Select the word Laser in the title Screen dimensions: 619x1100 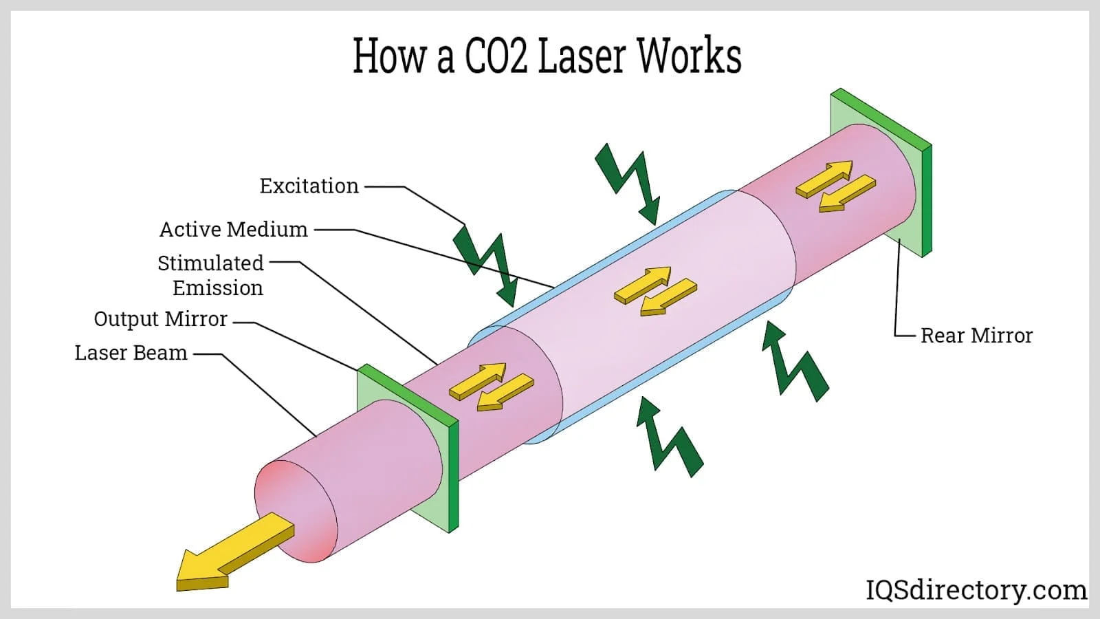tap(581, 56)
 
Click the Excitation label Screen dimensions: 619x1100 tap(309, 186)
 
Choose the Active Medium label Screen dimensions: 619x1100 tap(233, 229)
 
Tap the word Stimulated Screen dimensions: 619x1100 tap(210, 263)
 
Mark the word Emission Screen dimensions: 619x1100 tap(217, 287)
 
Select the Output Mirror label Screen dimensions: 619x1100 tap(160, 319)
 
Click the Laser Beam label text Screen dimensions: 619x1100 tap(131, 353)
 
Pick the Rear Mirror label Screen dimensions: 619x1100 tap(976, 336)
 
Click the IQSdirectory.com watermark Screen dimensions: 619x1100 tap(976, 590)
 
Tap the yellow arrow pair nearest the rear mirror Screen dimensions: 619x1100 tap(835, 186)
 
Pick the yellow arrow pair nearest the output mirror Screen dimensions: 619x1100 tap(491, 387)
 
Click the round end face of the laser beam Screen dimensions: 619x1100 tap(296, 511)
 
